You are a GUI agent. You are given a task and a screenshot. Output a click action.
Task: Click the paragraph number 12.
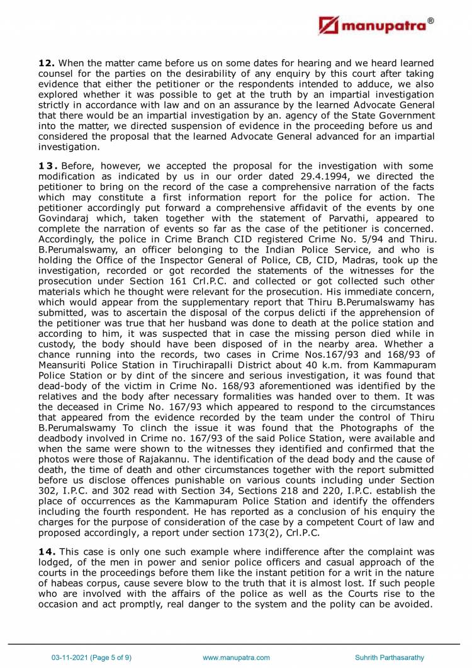pyautogui.click(x=46, y=64)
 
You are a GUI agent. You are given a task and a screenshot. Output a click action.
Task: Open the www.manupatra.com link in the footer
pyautogui.click(x=236, y=657)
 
